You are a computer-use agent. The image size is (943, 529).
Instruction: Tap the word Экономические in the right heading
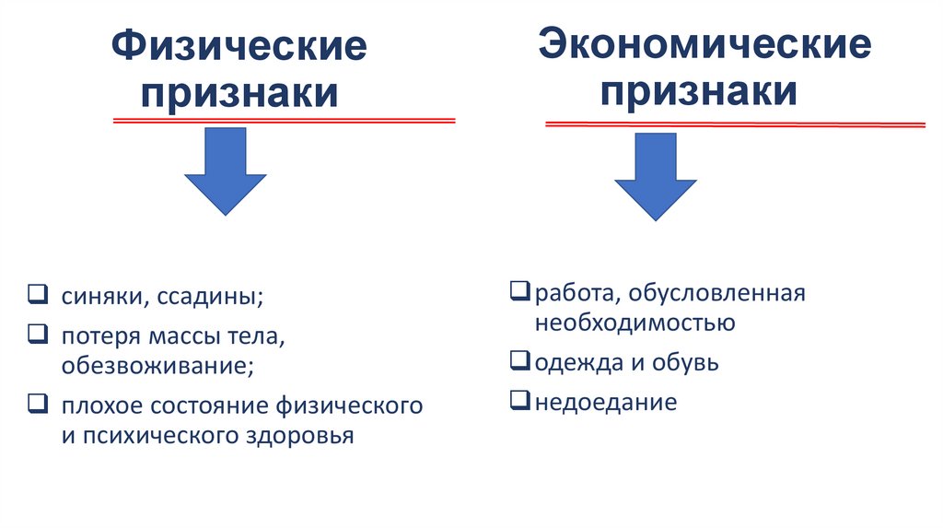click(705, 45)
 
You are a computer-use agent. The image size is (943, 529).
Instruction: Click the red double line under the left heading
click(284, 121)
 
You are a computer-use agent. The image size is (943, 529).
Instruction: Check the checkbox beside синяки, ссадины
click(37, 296)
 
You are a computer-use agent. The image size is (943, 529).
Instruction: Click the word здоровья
click(303, 436)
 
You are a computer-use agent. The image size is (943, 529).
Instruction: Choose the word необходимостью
click(634, 323)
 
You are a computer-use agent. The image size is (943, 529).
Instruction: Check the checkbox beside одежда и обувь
click(519, 360)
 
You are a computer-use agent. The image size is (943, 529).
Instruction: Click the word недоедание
click(606, 403)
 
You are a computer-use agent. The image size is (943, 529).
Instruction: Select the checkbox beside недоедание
click(519, 401)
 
